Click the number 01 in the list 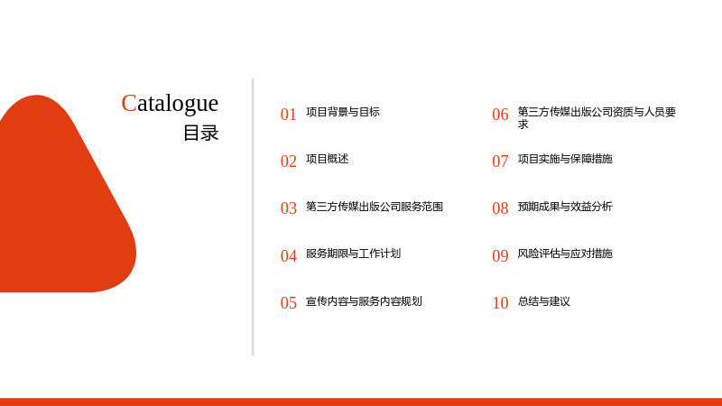pyautogui.click(x=288, y=115)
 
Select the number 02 pyautogui.click(x=288, y=161)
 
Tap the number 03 pyautogui.click(x=288, y=208)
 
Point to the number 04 pyautogui.click(x=288, y=256)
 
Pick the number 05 pyautogui.click(x=288, y=303)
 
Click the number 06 pyautogui.click(x=500, y=115)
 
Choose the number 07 pyautogui.click(x=500, y=161)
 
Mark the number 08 pyautogui.click(x=500, y=208)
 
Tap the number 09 pyautogui.click(x=500, y=256)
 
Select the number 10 pyautogui.click(x=500, y=303)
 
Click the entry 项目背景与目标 pyautogui.click(x=343, y=112)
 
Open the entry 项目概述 pyautogui.click(x=327, y=159)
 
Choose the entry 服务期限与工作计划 pyautogui.click(x=353, y=254)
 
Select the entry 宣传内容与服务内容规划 pyautogui.click(x=364, y=301)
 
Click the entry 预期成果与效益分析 pyautogui.click(x=565, y=207)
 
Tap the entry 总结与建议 pyautogui.click(x=544, y=301)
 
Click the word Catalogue pyautogui.click(x=170, y=104)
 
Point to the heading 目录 pyautogui.click(x=200, y=133)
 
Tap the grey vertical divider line pyautogui.click(x=253, y=217)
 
